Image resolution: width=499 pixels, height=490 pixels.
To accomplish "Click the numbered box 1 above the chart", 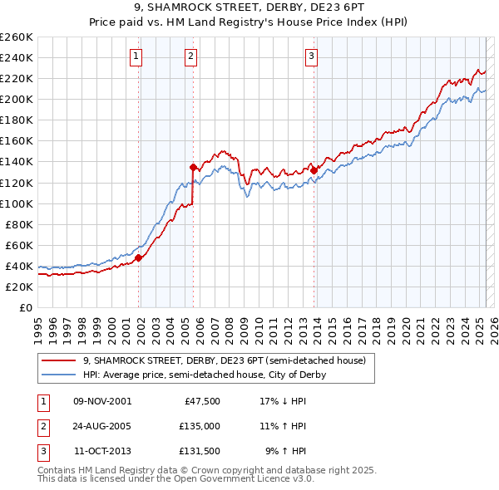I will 136,56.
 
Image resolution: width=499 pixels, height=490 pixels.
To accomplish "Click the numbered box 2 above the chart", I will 190,56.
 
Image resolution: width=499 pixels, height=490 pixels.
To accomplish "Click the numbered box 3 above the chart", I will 311,56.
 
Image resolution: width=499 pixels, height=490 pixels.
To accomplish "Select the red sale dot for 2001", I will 139,257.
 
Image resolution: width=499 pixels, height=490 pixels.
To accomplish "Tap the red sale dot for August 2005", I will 194,167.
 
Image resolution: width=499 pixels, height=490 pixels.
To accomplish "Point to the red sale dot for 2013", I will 314,170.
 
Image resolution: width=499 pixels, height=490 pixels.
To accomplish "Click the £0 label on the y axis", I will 26,307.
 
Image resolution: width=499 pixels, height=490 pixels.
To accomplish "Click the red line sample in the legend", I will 59,360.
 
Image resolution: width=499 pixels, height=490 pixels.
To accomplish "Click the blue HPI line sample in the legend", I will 59,375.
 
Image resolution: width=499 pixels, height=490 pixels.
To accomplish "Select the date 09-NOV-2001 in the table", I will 102,400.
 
